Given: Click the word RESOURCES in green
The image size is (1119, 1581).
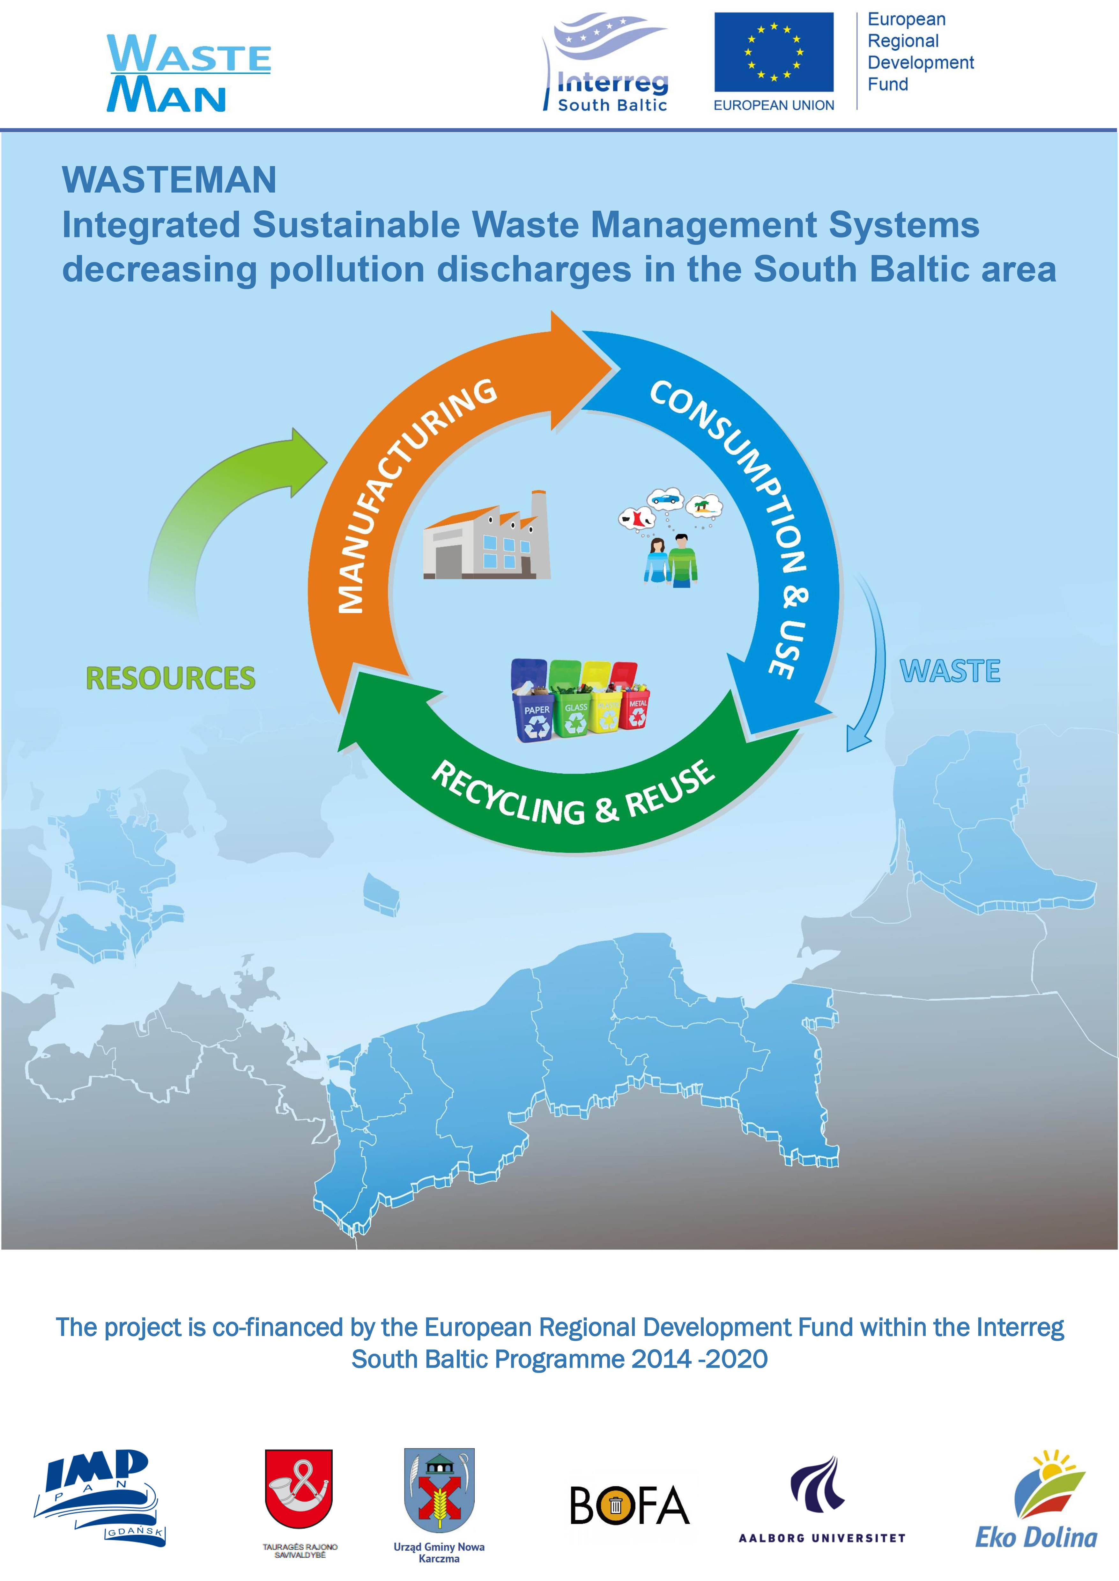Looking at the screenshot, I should pyautogui.click(x=170, y=678).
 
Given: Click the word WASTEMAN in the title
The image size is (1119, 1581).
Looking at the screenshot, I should pyautogui.click(x=169, y=180).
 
